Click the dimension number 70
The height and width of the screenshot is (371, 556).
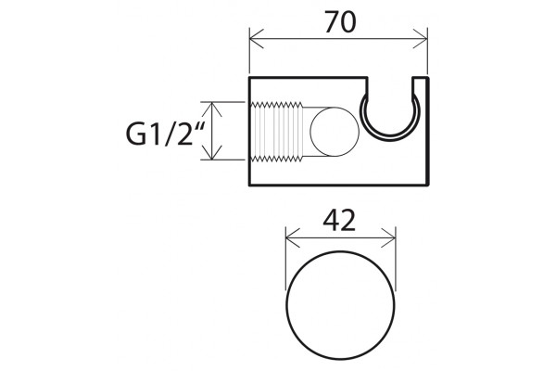click(340, 22)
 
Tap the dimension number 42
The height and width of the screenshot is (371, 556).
click(339, 220)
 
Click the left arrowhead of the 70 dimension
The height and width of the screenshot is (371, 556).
click(257, 38)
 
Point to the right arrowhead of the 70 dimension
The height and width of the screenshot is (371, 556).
click(421, 38)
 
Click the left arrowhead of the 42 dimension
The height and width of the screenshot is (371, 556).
click(293, 237)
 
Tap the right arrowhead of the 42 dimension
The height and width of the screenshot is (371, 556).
click(388, 237)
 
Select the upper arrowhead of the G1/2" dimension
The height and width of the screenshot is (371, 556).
click(211, 109)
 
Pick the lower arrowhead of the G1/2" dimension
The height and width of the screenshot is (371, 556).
click(211, 153)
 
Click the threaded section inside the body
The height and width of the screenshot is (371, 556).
click(277, 132)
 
